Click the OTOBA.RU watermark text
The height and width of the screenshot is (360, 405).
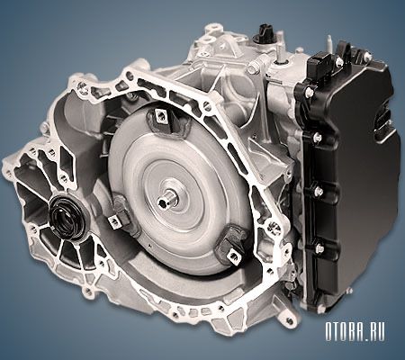click(355, 332)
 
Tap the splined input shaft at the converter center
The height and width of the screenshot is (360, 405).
click(167, 200)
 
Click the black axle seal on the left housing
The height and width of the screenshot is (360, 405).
click(66, 214)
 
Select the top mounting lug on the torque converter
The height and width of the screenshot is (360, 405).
click(161, 116)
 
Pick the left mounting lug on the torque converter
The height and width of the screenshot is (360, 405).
click(117, 219)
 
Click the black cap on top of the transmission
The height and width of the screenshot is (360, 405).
click(263, 34)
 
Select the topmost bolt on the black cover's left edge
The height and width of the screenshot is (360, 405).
click(309, 93)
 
